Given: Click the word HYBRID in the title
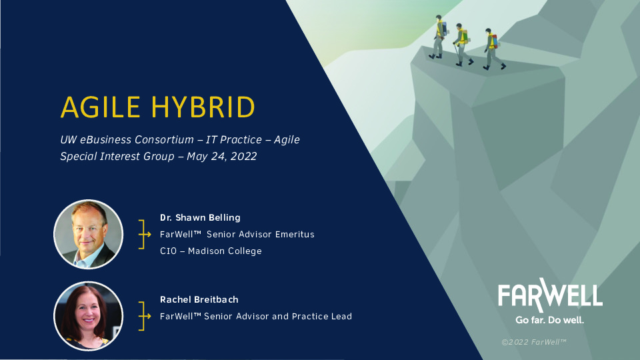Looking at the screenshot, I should coord(202,107).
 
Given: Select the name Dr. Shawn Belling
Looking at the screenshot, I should coord(200,217).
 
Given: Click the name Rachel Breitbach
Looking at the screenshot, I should coord(199,299).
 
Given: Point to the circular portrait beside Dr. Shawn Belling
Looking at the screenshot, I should coord(88,235).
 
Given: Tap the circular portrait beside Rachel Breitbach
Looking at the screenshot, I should coord(88,316).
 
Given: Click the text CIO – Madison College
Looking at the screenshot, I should coord(211,251).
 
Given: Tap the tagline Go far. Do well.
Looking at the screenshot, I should coord(550,320).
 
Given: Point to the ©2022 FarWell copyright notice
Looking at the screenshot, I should coord(534,342).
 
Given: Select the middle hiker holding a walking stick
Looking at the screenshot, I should coord(461,44).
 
